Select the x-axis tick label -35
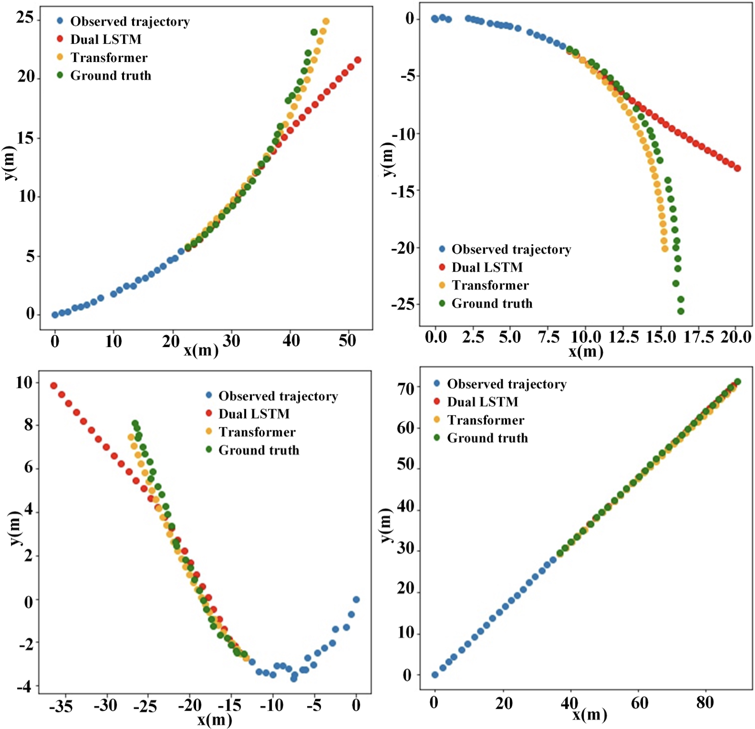pos(61,706)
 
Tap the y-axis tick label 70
pos(406,388)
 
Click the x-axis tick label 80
pos(705,703)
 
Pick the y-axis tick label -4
pos(24,687)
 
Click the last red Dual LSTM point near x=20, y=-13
pos(737,168)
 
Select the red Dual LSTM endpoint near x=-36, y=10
pos(54,386)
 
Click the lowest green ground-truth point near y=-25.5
pos(681,311)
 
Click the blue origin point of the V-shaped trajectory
pos(356,599)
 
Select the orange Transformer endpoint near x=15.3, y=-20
pos(665,249)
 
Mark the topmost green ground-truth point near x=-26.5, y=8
pos(135,423)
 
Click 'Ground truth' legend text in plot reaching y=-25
pos(492,304)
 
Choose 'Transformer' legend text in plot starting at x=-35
pos(257,432)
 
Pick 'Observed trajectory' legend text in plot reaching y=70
pos(507,384)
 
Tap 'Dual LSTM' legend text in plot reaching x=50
pos(106,39)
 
